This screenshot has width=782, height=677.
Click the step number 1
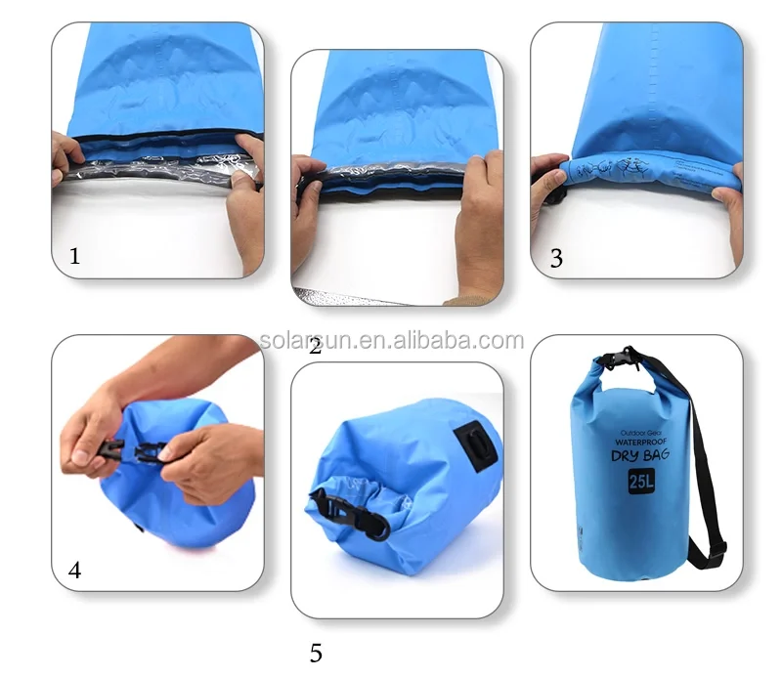pyautogui.click(x=74, y=257)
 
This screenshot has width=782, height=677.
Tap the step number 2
pyautogui.click(x=315, y=345)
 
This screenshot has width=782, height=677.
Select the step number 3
pyautogui.click(x=556, y=259)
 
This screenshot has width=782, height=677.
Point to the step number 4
pyautogui.click(x=74, y=571)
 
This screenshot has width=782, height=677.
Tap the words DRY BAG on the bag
pyautogui.click(x=638, y=456)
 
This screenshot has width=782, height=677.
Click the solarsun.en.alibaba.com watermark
pyautogui.click(x=391, y=341)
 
